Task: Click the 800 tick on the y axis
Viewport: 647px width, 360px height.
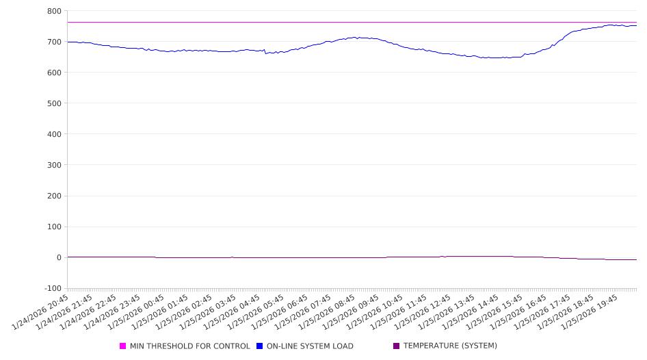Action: [x=53, y=11]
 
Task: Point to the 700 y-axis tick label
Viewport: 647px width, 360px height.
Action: [x=53, y=42]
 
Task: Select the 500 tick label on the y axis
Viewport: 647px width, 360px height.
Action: [x=53, y=103]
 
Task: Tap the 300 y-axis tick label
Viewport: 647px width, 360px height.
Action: [x=53, y=165]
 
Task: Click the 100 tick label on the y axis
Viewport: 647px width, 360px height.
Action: [x=53, y=227]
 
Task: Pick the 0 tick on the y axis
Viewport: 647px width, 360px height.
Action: [x=59, y=257]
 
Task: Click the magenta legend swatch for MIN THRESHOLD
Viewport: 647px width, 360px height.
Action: [x=123, y=346]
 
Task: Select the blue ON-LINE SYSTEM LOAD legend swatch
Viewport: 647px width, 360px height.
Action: [x=260, y=346]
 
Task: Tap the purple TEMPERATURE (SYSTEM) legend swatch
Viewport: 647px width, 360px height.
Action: [x=397, y=346]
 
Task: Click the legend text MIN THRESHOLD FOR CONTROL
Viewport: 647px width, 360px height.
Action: [x=189, y=346]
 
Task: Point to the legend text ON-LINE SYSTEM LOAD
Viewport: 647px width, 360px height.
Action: [x=310, y=346]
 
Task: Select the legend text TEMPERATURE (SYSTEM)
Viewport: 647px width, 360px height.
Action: [x=450, y=346]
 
